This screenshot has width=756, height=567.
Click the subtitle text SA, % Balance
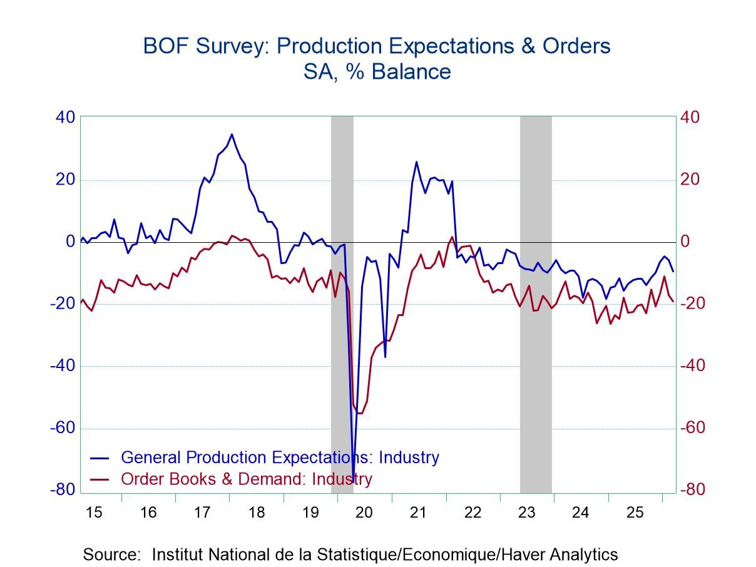(377, 71)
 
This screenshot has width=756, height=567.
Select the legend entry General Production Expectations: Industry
(280, 457)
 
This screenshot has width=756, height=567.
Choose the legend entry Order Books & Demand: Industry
(246, 479)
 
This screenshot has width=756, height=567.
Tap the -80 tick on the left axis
(63, 490)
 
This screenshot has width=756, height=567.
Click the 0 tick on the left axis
(69, 242)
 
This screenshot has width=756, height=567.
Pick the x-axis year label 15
(93, 513)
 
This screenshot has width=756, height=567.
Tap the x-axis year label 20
(364, 513)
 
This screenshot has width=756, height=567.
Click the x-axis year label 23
(526, 513)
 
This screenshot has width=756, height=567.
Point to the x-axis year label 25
(635, 513)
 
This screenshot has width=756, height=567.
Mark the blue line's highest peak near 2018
(232, 134)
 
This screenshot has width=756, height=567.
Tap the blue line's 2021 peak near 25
(416, 161)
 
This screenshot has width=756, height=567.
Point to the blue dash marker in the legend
(100, 457)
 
